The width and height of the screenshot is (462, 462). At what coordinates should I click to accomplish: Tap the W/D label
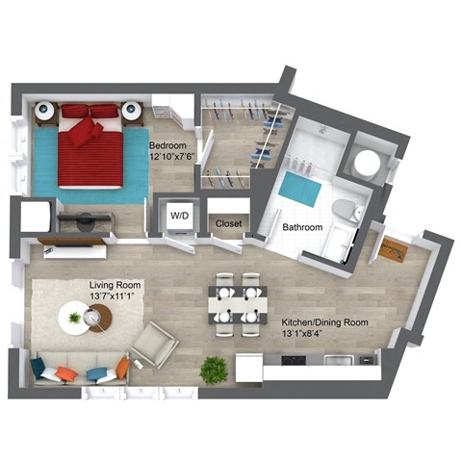(x=180, y=217)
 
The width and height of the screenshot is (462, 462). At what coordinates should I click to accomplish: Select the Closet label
(x=229, y=223)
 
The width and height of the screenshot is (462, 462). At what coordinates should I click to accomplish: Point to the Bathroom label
(x=302, y=228)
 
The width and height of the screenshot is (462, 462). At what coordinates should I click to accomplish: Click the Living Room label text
(x=115, y=286)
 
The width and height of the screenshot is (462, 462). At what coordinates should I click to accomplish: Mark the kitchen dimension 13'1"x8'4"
(x=308, y=335)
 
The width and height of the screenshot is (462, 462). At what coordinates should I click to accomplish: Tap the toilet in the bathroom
(x=346, y=209)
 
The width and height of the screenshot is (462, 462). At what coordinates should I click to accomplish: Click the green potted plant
(x=213, y=369)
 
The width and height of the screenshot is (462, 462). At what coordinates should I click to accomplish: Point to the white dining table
(x=237, y=303)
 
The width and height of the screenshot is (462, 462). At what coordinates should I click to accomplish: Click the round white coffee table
(x=75, y=317)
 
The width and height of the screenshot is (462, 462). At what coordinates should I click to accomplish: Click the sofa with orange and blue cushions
(x=80, y=371)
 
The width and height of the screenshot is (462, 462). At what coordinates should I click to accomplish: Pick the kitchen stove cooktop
(x=292, y=362)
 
